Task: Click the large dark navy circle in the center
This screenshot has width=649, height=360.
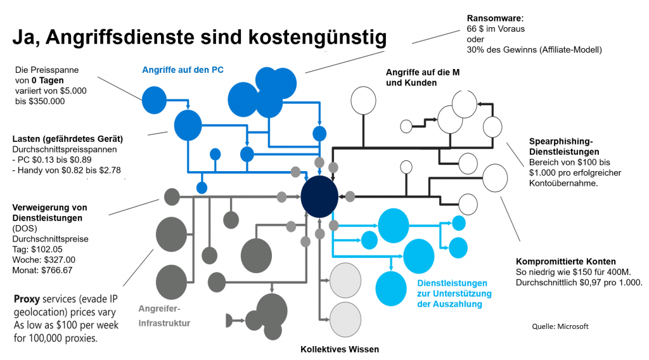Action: click(x=318, y=196)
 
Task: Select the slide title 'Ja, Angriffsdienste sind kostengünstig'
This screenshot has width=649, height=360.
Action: click(x=198, y=39)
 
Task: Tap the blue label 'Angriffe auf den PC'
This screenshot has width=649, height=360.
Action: click(x=183, y=69)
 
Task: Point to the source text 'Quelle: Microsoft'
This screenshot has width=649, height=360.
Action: click(x=560, y=326)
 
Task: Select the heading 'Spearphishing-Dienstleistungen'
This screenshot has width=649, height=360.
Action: click(x=564, y=147)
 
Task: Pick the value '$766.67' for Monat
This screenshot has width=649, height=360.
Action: click(x=56, y=269)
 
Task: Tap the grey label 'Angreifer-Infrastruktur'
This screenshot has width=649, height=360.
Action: click(x=164, y=316)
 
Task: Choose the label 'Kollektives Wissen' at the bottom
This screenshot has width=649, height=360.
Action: click(x=339, y=349)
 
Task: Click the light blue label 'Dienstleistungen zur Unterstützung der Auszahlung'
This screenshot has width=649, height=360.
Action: click(x=452, y=293)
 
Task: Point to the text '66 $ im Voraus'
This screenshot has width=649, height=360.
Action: click(x=496, y=29)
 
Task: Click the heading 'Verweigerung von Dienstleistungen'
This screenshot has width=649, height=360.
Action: click(x=49, y=212)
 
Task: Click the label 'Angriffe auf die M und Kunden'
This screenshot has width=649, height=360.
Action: click(x=423, y=77)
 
